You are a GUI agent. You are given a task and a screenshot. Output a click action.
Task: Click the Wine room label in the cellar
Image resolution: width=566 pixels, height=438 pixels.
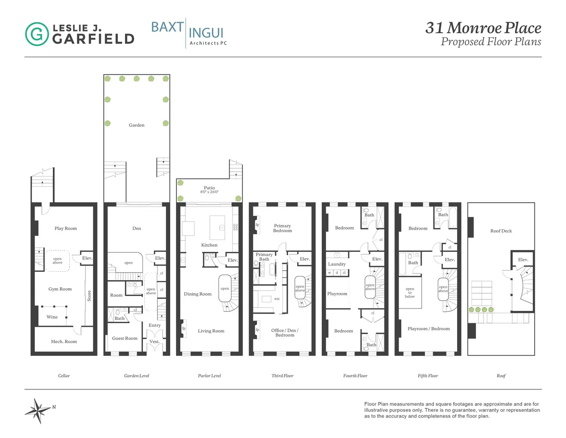tap(52, 317)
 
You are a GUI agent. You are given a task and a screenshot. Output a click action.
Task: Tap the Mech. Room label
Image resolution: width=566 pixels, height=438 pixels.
tap(64, 341)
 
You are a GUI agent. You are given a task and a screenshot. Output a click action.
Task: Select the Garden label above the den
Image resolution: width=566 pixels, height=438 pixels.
tap(137, 125)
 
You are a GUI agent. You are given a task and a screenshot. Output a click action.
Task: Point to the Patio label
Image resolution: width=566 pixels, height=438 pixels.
tap(209, 188)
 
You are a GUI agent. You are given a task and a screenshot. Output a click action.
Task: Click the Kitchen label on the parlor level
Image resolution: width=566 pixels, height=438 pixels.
tap(209, 245)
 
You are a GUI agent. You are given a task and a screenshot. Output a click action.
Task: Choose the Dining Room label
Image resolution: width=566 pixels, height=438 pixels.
tap(198, 294)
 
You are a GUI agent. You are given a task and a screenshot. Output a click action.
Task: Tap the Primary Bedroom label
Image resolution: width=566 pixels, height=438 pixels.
tap(283, 228)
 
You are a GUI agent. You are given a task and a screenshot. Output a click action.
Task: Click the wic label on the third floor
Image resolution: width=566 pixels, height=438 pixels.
tap(277, 299)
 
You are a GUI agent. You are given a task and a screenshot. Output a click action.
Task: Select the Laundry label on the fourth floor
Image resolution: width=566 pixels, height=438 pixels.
tap(337, 264)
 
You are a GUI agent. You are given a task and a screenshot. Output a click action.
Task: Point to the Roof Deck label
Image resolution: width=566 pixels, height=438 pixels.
tap(501, 231)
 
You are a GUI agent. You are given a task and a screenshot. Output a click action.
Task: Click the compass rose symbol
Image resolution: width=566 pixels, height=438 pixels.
tap(37, 409)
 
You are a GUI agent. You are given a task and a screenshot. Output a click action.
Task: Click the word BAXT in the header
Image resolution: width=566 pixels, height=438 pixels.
tap(167, 26)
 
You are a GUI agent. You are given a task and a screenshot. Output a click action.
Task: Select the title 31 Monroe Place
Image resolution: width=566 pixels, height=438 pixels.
tap(483, 28)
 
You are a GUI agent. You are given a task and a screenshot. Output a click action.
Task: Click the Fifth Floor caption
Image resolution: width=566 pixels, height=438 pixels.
tap(428, 376)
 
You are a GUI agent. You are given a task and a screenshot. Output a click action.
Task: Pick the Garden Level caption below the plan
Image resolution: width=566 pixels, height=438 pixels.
tap(136, 376)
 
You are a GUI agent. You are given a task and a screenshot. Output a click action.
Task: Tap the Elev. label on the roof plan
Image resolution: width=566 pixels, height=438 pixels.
tap(523, 260)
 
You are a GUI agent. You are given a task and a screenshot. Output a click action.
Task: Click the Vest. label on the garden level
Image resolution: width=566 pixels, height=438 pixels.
tap(155, 341)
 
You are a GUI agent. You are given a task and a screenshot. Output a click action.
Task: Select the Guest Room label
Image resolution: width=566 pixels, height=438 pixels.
tap(125, 338)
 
